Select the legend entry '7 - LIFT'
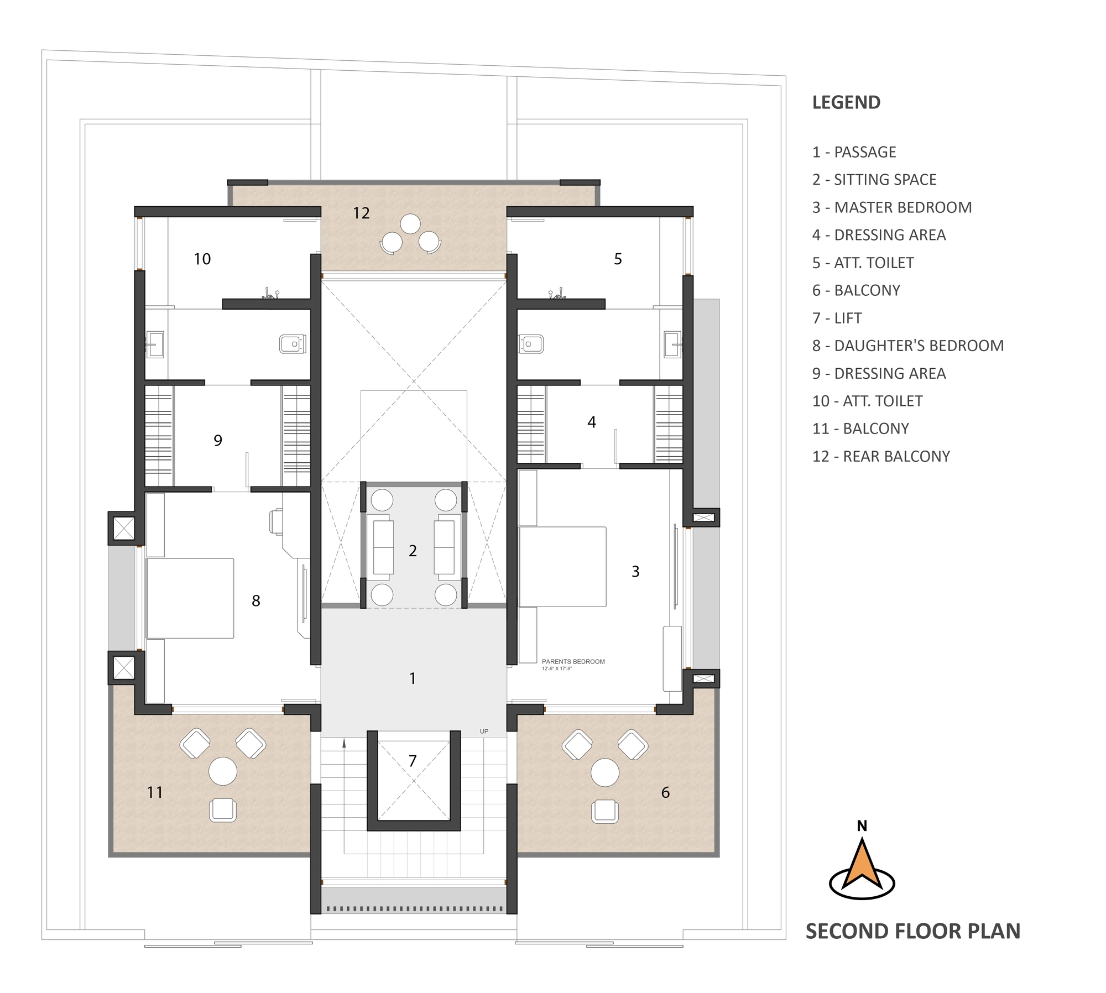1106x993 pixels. click(837, 318)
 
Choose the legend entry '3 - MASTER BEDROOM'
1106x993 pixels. click(892, 207)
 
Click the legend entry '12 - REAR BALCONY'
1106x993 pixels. click(881, 456)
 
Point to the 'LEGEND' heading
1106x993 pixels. click(846, 102)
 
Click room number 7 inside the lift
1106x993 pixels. click(413, 761)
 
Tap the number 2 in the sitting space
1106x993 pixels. click(413, 551)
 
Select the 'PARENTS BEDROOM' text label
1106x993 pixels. click(573, 661)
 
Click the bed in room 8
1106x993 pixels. click(190, 598)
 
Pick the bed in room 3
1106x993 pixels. click(562, 567)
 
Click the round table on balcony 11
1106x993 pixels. click(223, 771)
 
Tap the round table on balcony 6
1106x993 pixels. click(605, 772)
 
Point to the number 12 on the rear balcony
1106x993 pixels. click(361, 213)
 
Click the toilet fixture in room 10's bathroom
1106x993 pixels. click(293, 344)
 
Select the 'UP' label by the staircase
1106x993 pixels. click(484, 731)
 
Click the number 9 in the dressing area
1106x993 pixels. click(218, 440)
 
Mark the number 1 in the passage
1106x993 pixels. click(413, 678)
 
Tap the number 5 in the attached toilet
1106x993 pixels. click(618, 259)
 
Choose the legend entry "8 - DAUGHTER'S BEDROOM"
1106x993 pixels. click(908, 346)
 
